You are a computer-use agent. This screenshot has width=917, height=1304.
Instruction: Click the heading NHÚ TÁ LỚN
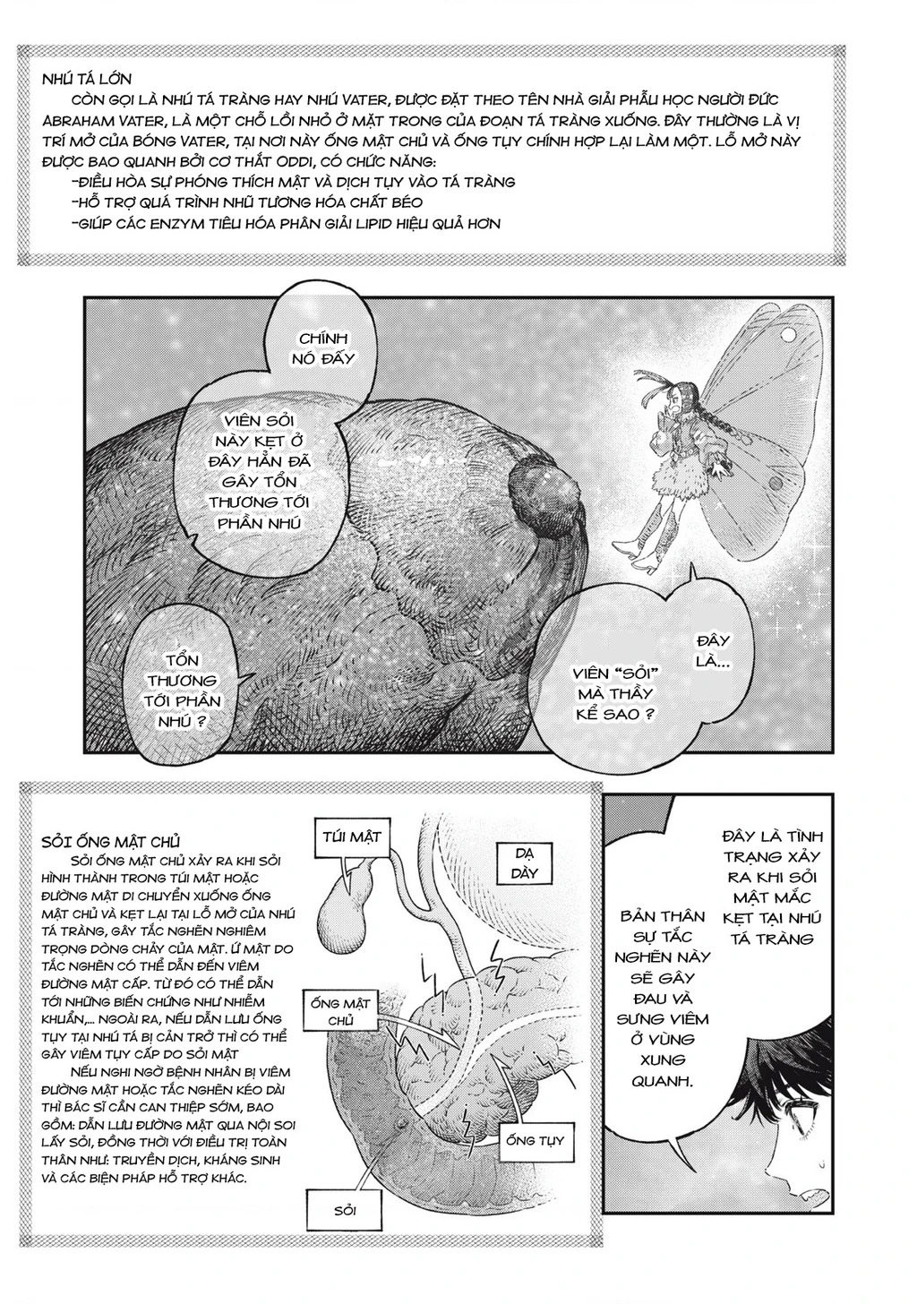pyautogui.click(x=87, y=79)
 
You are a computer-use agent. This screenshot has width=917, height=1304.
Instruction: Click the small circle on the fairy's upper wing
pyautogui.click(x=790, y=335)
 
